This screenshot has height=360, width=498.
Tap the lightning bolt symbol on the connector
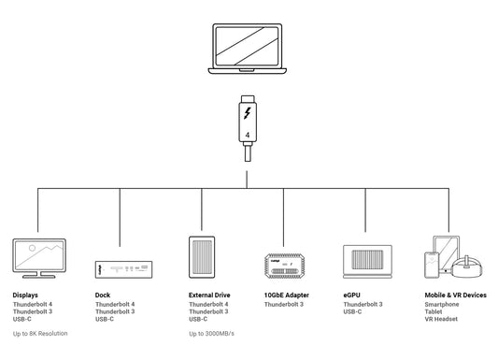click(x=247, y=113)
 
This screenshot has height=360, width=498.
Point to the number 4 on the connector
click(x=247, y=135)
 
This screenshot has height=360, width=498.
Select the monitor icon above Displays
click(x=38, y=258)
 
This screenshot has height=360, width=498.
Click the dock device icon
click(x=121, y=269)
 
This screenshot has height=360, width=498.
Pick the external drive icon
click(x=203, y=256)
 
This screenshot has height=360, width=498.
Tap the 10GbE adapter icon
click(x=284, y=266)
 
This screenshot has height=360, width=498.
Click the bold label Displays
click(x=25, y=295)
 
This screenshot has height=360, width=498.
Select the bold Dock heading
click(x=103, y=295)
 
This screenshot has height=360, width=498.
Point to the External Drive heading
click(x=209, y=295)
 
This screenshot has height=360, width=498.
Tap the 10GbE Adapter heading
click(x=287, y=295)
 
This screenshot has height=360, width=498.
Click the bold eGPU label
click(x=353, y=295)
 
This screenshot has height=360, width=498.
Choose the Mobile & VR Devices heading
click(x=455, y=295)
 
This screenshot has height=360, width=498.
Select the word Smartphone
click(x=443, y=305)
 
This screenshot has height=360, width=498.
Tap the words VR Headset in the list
click(x=441, y=320)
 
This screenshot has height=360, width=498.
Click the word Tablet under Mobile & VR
click(x=434, y=312)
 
